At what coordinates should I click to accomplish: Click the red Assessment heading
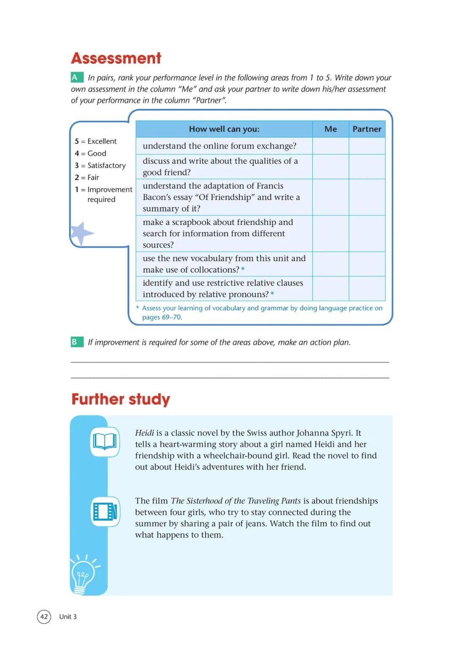point(116,58)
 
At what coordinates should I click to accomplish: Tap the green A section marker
point(76,77)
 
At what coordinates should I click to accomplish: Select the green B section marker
point(76,342)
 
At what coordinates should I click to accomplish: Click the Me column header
point(331,129)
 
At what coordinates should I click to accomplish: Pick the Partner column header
point(367,129)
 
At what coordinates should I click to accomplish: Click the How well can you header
point(224,129)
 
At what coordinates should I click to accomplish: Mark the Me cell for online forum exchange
point(331,146)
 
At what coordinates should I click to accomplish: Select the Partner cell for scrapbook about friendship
point(367,234)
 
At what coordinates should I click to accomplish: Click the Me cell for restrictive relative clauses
point(331,289)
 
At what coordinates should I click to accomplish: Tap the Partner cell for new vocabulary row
point(367,264)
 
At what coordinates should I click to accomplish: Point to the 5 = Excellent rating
point(96,141)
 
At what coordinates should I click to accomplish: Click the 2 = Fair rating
point(87,178)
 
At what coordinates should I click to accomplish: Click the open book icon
point(105,442)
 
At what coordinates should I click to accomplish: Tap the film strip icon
point(105,511)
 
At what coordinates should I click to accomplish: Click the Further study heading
point(121,399)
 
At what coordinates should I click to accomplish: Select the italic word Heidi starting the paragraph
point(144,433)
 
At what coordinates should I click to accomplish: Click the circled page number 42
point(44,616)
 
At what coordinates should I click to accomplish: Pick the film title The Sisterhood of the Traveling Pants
point(236,501)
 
